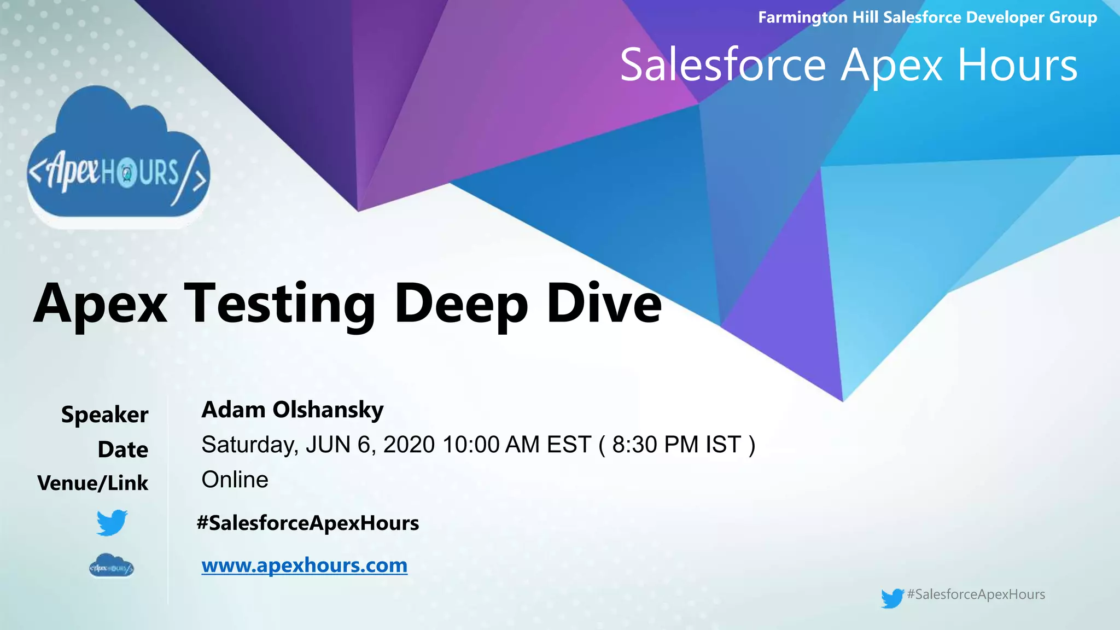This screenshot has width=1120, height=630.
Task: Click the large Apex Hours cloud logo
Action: pyautogui.click(x=118, y=159)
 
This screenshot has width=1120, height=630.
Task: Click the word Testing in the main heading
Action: pyautogui.click(x=279, y=304)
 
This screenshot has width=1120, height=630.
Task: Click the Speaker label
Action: pyautogui.click(x=104, y=415)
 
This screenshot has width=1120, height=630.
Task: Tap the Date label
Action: pyautogui.click(x=123, y=450)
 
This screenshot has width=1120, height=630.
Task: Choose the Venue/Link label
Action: pyautogui.click(x=93, y=483)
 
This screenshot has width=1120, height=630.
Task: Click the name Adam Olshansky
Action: pyautogui.click(x=293, y=410)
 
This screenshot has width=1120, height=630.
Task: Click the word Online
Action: pyautogui.click(x=235, y=480)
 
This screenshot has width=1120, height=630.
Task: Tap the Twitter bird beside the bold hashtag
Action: pyautogui.click(x=112, y=523)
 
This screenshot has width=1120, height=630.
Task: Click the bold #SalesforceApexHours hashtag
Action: pyautogui.click(x=308, y=523)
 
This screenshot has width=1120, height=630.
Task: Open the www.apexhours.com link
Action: pyautogui.click(x=305, y=565)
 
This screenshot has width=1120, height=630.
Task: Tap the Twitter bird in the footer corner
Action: pyautogui.click(x=892, y=598)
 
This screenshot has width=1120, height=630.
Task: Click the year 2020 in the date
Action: pyautogui.click(x=409, y=445)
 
